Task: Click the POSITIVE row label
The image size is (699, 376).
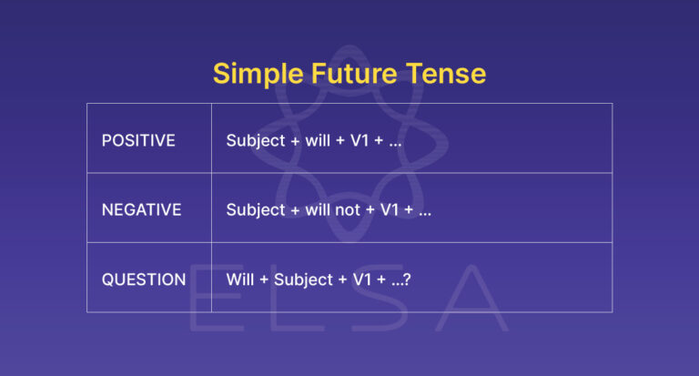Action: coord(138,141)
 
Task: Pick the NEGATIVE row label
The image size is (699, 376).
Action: coord(141,210)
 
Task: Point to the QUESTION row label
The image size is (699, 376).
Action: coord(144,279)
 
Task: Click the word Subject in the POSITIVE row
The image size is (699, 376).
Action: coord(256,142)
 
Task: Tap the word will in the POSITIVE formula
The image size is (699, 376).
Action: coord(319,141)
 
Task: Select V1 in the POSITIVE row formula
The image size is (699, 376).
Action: coord(364,141)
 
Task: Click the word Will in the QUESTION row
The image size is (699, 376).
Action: coord(240,279)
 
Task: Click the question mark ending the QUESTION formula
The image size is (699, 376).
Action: coord(407,279)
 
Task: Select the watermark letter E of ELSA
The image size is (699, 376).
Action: coord(211,301)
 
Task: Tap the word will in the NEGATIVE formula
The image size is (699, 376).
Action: coord(319,210)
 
